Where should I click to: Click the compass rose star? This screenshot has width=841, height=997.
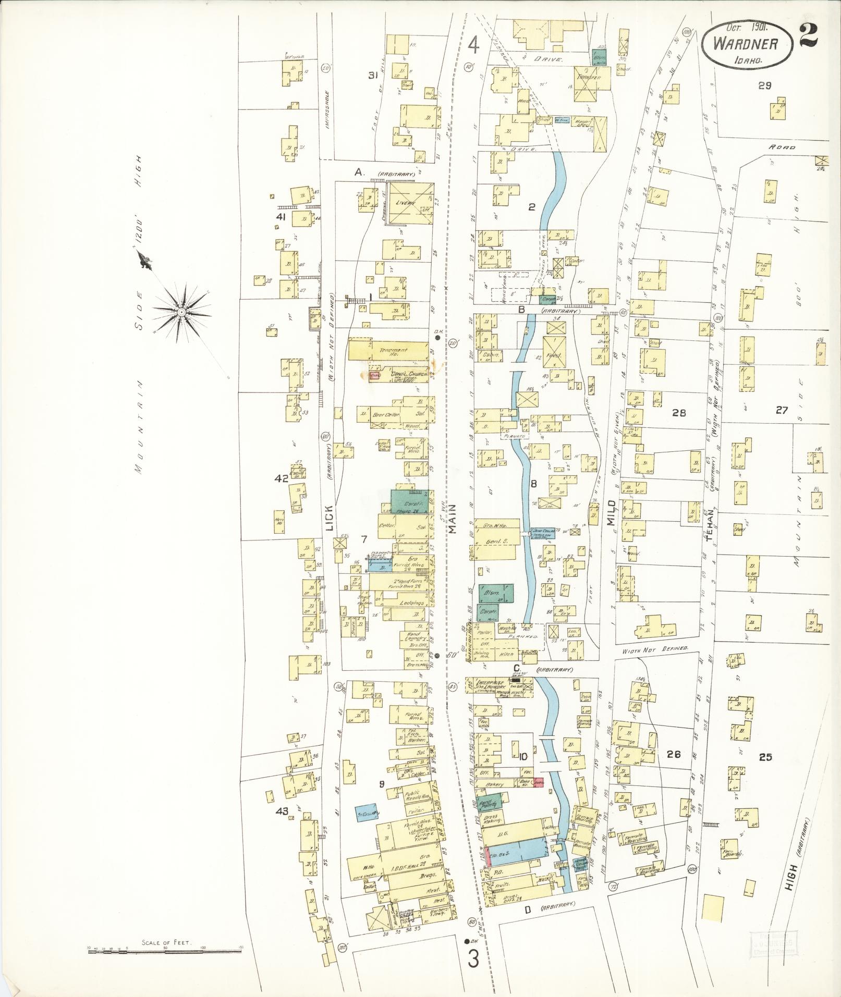(x=181, y=312)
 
